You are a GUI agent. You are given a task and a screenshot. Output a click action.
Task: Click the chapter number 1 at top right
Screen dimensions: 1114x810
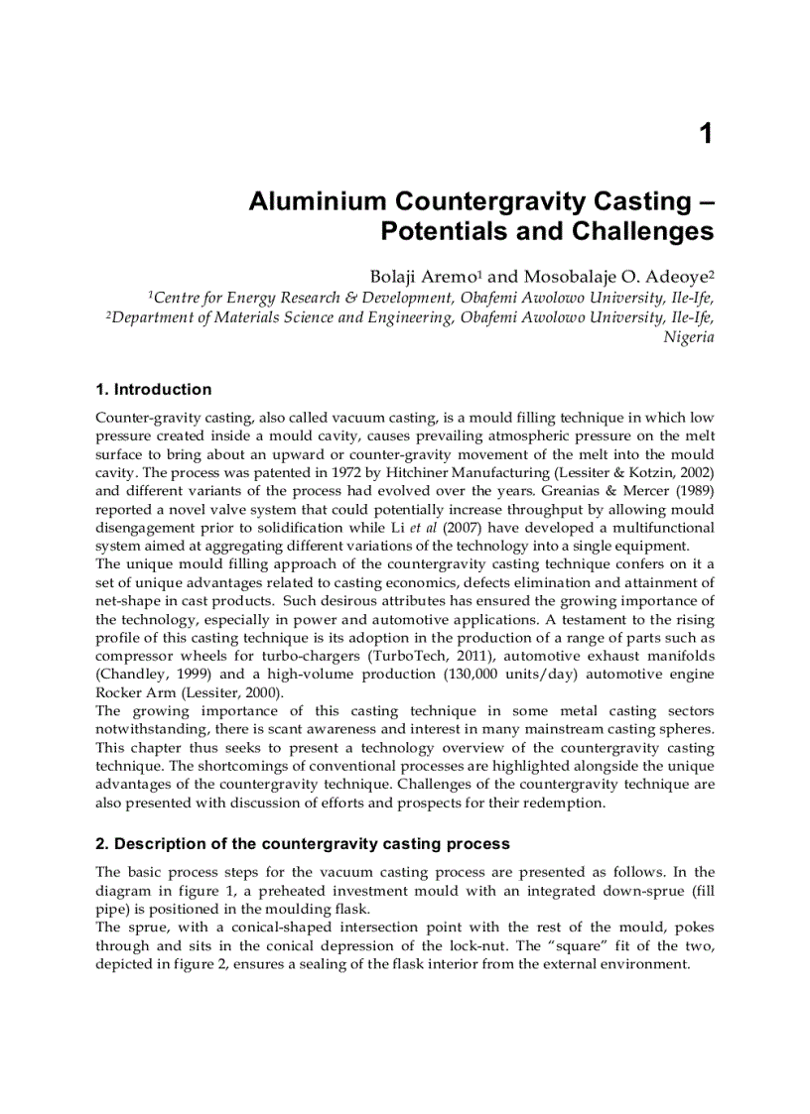(x=706, y=134)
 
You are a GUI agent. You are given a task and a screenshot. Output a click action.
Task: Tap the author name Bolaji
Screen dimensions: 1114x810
(x=398, y=277)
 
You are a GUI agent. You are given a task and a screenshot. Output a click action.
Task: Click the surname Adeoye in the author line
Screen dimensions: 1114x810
(x=678, y=277)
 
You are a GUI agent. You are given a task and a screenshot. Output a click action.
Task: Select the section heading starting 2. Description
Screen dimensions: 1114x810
(x=302, y=844)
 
